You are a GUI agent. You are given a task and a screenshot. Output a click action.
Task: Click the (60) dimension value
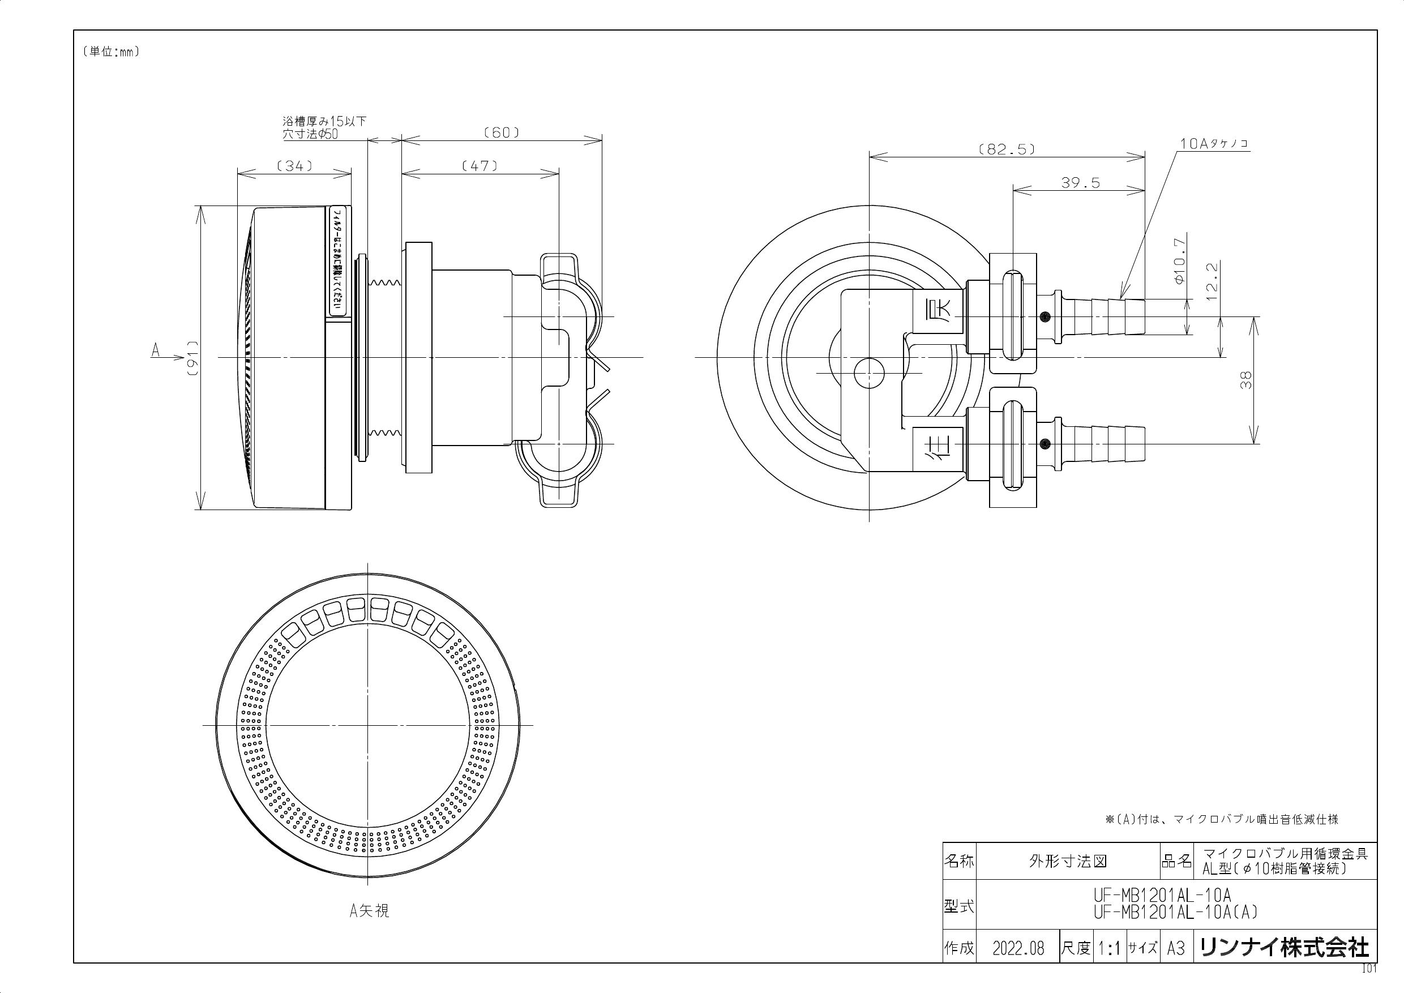coord(502,132)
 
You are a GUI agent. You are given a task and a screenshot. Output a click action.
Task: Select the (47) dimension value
coord(480,165)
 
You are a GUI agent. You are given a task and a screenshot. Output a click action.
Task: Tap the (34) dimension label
coord(295,165)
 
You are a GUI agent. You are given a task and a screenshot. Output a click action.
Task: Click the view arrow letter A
coord(156,350)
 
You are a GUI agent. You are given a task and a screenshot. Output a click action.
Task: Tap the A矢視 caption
coord(369,911)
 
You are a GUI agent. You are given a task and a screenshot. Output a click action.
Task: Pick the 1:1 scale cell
coord(1108,948)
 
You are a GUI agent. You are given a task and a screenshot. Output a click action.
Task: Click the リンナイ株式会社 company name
coord(1284,948)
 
